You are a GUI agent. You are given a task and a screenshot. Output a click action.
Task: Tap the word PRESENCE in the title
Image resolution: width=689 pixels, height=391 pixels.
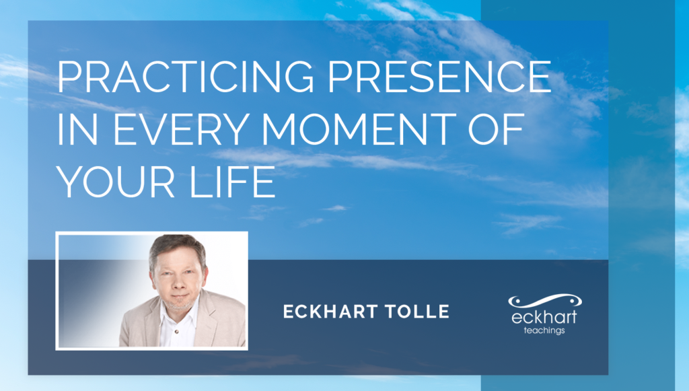tap(439, 76)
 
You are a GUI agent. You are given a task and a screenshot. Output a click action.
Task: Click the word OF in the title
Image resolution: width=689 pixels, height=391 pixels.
tap(496, 129)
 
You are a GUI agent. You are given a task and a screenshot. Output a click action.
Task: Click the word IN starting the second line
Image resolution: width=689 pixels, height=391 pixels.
tap(77, 129)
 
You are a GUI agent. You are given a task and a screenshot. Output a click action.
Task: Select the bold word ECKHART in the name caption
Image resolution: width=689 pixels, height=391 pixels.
tap(330, 312)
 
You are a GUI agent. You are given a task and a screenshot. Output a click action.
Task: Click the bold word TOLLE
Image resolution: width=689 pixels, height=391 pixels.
tap(417, 312)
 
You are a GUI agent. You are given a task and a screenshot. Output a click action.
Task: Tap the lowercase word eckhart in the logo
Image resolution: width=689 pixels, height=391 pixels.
tap(544, 316)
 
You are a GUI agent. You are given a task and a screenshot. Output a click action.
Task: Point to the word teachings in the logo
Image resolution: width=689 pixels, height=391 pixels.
tap(544, 330)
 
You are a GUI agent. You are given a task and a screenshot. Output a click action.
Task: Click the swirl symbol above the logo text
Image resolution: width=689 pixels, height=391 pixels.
tap(545, 301)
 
